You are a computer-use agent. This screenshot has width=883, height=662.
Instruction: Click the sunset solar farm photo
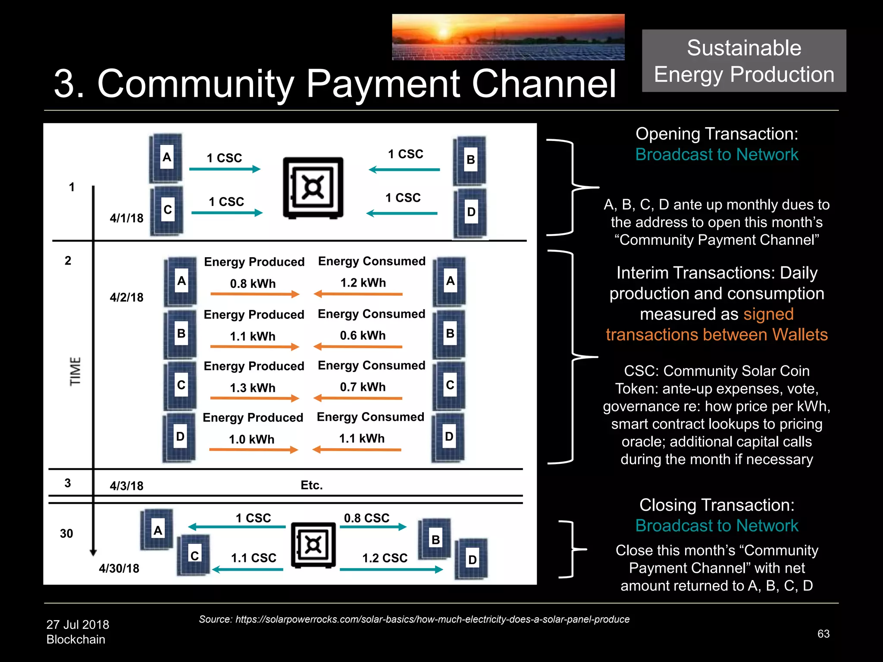click(x=508, y=37)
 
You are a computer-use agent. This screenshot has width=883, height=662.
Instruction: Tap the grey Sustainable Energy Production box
click(x=744, y=61)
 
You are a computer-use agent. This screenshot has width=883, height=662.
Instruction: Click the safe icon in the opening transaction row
click(x=313, y=187)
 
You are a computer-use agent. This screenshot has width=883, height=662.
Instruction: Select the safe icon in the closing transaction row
click(x=313, y=545)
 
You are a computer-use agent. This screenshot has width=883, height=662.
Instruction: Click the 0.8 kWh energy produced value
click(x=253, y=284)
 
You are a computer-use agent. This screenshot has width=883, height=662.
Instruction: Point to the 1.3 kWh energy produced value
click(x=253, y=388)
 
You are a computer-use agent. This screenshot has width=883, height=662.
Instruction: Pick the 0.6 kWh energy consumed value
click(x=363, y=335)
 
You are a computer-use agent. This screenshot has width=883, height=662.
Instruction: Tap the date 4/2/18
click(x=126, y=297)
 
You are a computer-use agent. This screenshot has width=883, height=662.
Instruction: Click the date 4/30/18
click(x=119, y=568)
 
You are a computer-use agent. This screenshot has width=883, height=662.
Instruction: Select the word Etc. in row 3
click(x=311, y=485)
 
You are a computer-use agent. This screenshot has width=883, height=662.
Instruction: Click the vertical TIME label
click(x=75, y=371)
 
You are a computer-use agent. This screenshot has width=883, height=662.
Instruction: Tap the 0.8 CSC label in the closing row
click(x=366, y=518)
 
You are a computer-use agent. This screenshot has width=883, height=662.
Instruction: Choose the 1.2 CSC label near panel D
click(x=385, y=558)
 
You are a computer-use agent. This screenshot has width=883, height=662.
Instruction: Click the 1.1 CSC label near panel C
click(x=254, y=558)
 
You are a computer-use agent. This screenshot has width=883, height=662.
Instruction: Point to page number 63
click(x=823, y=634)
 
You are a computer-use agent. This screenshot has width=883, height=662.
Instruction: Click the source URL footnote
click(x=414, y=619)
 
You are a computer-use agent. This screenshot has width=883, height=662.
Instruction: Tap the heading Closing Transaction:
click(x=717, y=505)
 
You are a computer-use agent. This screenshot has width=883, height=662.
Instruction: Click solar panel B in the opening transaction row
click(x=470, y=160)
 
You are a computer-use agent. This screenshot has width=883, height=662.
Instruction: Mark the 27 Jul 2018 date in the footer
click(x=78, y=625)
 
